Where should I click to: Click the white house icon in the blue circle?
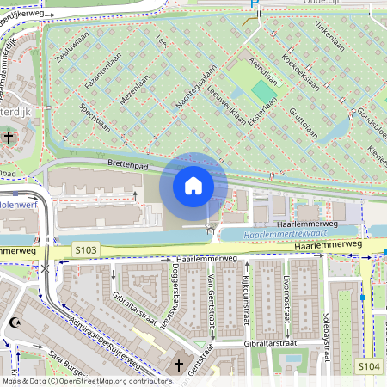(x=193, y=185)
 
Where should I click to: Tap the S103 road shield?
(x=85, y=250)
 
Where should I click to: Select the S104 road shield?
(x=370, y=367)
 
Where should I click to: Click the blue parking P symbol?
(x=254, y=5)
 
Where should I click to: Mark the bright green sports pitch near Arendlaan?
(x=265, y=89)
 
